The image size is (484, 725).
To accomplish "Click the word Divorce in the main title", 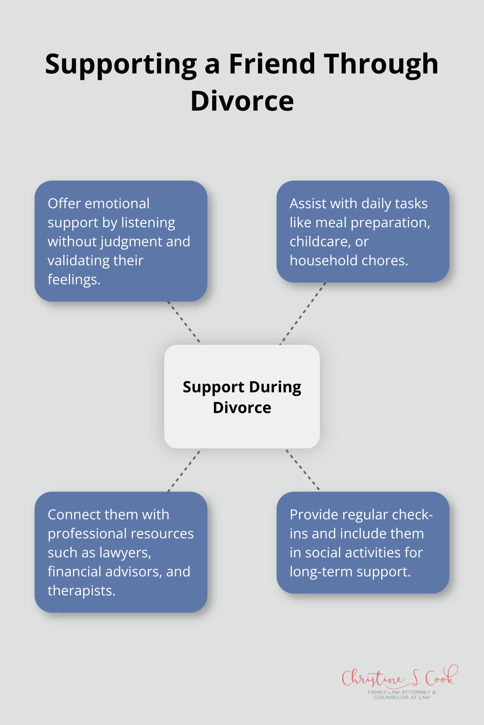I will pos(242,102).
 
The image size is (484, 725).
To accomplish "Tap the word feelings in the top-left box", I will pos(74,280).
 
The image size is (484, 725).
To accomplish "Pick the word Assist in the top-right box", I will pos(308,204).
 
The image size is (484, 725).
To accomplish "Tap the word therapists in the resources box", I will pos(81,591).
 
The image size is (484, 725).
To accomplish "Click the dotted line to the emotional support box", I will pos(185,323).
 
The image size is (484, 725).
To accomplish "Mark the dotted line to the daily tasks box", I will pos(303,314).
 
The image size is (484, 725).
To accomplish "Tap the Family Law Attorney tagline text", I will pos(402,694).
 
